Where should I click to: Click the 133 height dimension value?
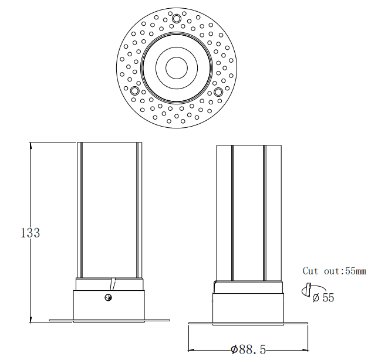[30, 233]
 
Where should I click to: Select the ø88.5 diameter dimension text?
[248, 349]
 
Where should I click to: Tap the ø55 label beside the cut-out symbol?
[323, 298]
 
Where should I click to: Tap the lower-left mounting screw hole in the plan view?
[134, 91]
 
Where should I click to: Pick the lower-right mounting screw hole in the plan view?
[218, 91]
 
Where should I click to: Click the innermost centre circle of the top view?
[176, 68]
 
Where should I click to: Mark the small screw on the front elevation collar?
[108, 298]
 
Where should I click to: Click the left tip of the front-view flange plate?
[50, 320]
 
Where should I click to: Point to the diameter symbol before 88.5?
[234, 349]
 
